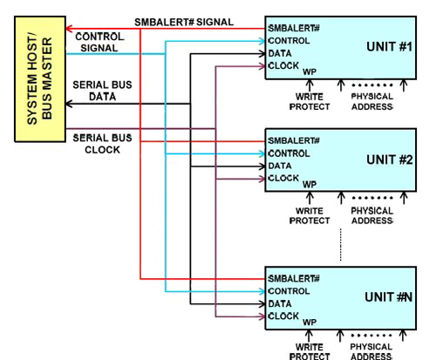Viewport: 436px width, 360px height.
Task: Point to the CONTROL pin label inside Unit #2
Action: [x=290, y=153]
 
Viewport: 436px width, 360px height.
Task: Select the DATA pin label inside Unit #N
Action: [x=281, y=303]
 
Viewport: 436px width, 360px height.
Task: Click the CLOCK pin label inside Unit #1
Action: [x=284, y=65]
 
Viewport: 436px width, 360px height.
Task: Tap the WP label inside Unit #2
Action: [x=310, y=184]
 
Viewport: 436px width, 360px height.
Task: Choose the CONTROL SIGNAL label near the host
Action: [x=99, y=43]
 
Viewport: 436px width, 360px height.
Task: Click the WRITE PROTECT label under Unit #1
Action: [x=310, y=102]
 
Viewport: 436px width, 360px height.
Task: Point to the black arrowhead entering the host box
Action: [x=72, y=104]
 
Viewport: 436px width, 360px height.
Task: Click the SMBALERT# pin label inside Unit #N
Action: [x=295, y=278]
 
